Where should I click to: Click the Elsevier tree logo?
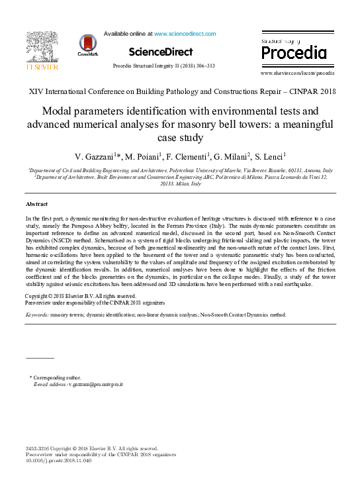(42, 48)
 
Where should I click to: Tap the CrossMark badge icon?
(87, 44)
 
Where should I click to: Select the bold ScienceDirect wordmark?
(160, 52)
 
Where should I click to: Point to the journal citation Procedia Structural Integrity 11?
(164, 66)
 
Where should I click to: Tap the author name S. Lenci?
(266, 157)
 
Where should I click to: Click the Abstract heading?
(36, 204)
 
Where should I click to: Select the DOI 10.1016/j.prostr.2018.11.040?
(58, 461)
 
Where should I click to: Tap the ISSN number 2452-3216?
(38, 448)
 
